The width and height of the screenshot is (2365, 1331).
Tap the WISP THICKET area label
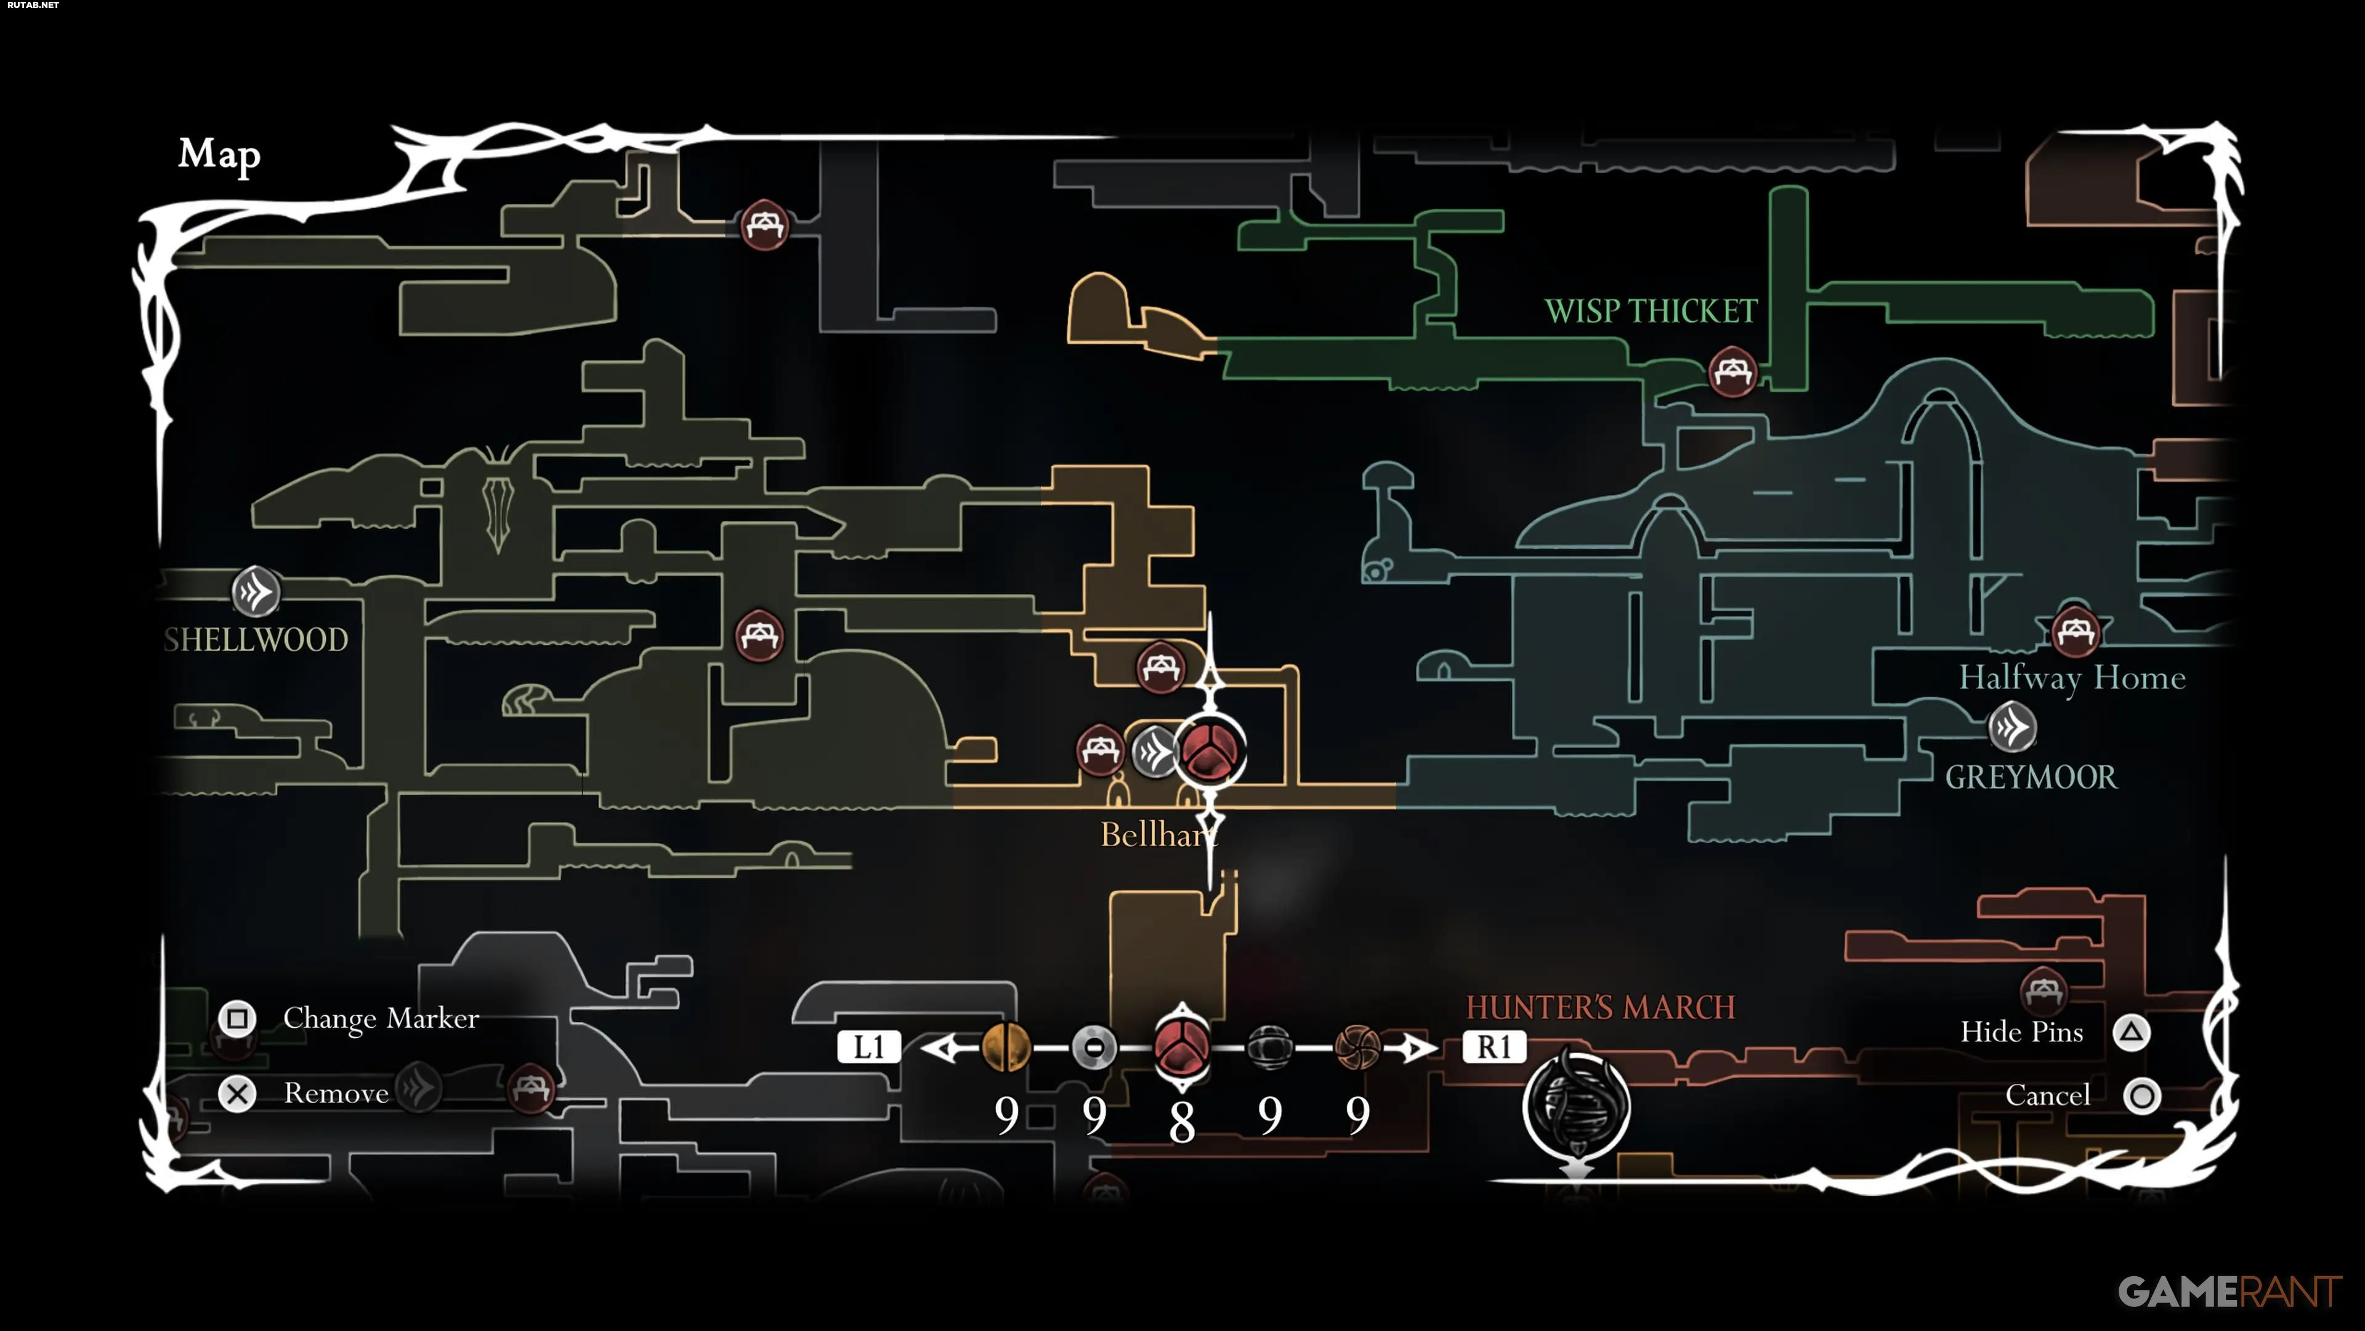[x=1650, y=311]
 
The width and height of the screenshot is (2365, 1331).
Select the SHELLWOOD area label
[x=256, y=640]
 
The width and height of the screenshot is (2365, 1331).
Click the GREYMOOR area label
[x=2031, y=777]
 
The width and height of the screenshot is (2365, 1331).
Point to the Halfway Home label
[x=2072, y=678]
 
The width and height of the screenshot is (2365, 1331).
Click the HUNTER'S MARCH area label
[x=1600, y=1007]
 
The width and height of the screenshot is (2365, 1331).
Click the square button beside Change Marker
[x=237, y=1019]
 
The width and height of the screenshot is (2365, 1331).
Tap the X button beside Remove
[x=237, y=1094]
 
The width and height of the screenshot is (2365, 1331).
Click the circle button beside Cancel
[x=2142, y=1096]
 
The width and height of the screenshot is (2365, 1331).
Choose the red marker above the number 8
[x=1182, y=1047]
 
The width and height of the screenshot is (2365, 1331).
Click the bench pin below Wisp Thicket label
[x=1731, y=372]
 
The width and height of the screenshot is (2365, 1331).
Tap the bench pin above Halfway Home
[x=2075, y=632]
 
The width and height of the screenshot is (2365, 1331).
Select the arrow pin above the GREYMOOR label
[x=2011, y=728]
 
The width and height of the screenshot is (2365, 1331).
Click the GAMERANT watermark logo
[x=2228, y=1292]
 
